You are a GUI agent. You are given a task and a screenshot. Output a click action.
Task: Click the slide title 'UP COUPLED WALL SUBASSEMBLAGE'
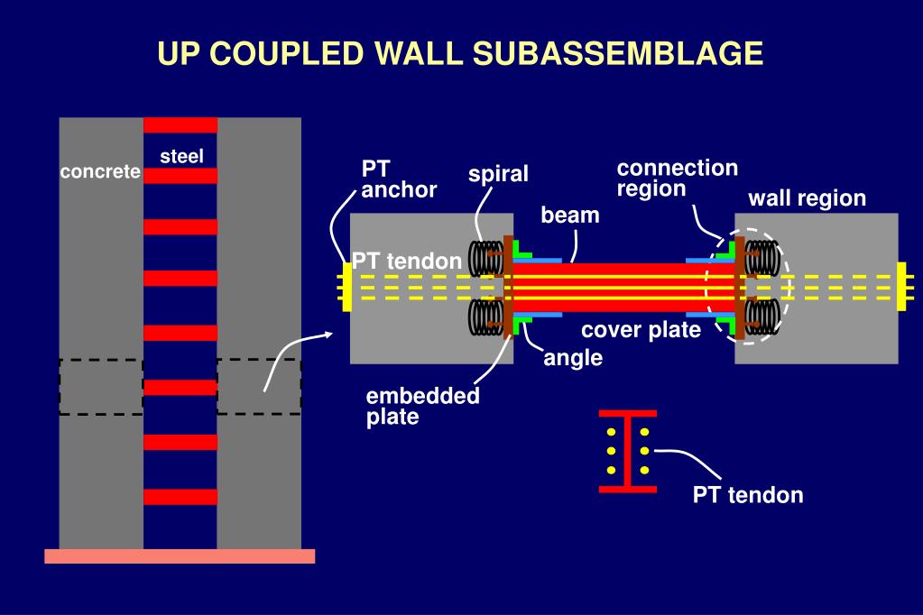pos(461,53)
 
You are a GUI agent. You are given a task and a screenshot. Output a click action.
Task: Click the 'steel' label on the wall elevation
pos(181,156)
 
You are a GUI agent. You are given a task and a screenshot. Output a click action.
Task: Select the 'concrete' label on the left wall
pos(100,171)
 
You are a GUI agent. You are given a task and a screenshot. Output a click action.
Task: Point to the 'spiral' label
pos(498,174)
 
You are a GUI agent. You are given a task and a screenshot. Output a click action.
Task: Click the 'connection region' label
pos(677,178)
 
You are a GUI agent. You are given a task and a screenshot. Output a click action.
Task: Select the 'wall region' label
pos(807,198)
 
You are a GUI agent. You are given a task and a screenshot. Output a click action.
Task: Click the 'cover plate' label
pos(641,330)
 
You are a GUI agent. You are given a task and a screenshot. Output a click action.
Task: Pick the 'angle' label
pos(573,358)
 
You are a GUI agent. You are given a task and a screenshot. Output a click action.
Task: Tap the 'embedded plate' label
pos(422,407)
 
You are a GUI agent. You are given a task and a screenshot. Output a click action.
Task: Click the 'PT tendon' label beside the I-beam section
pos(747,495)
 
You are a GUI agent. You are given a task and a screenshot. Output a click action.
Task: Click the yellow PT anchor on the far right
pos(901,286)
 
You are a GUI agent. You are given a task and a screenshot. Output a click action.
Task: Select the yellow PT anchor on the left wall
pos(346,286)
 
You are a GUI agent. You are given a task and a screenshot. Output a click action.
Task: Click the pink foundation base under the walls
pos(180,555)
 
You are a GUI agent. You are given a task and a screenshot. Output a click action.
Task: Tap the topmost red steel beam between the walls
pos(180,124)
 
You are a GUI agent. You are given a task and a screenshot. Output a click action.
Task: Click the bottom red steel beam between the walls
pos(180,497)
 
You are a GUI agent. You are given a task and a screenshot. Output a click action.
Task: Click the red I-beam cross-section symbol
pos(628,451)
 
